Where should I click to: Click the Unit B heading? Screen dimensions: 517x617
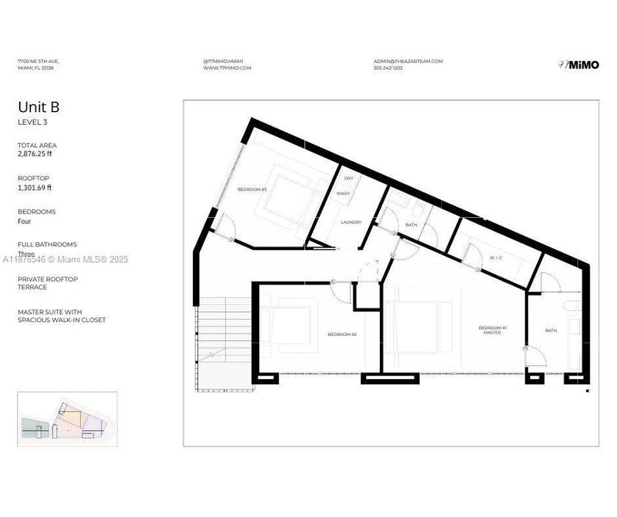(39, 108)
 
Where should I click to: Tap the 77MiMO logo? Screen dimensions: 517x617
(573, 64)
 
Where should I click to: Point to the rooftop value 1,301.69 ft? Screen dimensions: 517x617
(34, 187)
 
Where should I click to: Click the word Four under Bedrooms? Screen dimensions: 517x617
(25, 221)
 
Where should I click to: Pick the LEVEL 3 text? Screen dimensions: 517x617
(33, 122)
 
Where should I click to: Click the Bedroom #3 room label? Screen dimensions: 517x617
(252, 190)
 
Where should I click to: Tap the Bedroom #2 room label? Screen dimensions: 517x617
(341, 334)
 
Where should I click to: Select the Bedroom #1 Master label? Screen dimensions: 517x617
(492, 330)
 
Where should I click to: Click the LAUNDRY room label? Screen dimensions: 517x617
(350, 222)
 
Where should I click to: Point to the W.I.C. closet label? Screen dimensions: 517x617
(496, 258)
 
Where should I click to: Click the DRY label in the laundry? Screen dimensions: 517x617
(348, 178)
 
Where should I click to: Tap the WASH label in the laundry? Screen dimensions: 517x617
(343, 194)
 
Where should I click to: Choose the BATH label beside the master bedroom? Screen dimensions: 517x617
(551, 330)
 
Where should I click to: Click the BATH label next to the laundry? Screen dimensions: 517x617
(411, 226)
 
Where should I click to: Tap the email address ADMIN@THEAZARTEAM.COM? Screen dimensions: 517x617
(408, 61)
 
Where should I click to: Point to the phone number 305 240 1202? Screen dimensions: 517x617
(390, 68)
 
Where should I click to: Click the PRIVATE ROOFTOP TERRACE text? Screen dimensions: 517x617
(47, 283)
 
